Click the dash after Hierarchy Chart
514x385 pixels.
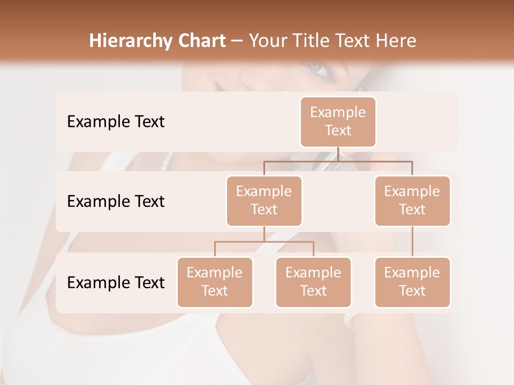pos(237,42)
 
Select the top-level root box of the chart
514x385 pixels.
pos(338,121)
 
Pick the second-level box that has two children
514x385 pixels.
pos(264,201)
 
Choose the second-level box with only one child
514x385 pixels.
pos(412,201)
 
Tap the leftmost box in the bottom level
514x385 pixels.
pos(215,282)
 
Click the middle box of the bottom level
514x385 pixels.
pos(313,282)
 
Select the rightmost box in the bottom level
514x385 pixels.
pos(412,282)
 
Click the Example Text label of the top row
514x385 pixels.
pos(116,122)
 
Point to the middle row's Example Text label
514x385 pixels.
pos(116,202)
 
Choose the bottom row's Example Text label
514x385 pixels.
pos(116,283)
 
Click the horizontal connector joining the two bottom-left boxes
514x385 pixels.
pos(264,242)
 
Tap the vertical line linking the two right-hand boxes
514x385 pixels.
pos(412,242)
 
